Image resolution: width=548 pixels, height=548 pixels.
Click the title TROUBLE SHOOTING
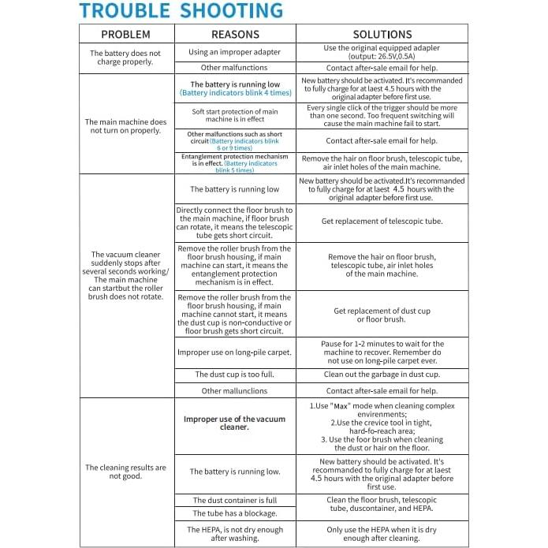point(181,11)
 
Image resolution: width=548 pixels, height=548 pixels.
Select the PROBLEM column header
point(125,35)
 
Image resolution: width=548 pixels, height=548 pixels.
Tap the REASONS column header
point(235,35)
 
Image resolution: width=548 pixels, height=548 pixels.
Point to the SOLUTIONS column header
point(382,35)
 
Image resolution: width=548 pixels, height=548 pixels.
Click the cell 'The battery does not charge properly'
point(125,57)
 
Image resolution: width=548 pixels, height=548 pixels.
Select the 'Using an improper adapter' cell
point(235,52)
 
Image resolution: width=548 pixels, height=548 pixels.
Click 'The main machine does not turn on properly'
point(125,126)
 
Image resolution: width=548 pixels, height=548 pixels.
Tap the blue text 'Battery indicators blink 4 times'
point(235,93)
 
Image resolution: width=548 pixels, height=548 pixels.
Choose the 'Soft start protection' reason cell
point(235,117)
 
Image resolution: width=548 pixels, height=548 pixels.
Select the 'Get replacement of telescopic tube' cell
point(382,222)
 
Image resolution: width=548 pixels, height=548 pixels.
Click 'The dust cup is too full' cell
point(235,375)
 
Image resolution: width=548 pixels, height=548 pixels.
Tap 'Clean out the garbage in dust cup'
point(382,375)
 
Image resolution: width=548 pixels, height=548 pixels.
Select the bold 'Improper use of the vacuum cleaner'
point(235,423)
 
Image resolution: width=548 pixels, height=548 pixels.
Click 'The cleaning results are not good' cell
point(125,472)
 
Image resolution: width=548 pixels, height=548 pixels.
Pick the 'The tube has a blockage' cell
point(235,513)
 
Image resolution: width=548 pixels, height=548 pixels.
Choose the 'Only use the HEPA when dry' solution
point(382,534)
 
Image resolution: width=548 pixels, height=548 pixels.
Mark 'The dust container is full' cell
point(235,500)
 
